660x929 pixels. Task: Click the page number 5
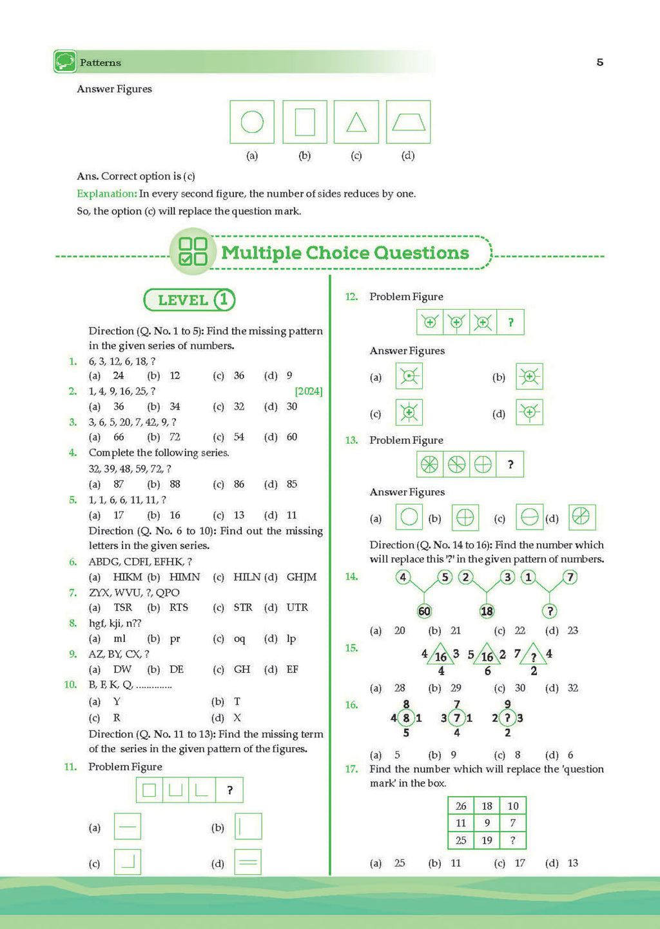point(600,63)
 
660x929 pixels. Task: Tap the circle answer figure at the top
point(252,122)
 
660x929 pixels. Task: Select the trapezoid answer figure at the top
point(408,122)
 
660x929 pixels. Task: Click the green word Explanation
point(106,194)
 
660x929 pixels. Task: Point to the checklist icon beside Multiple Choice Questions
point(193,252)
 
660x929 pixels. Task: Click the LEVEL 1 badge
point(189,300)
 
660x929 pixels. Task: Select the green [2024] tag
point(309,392)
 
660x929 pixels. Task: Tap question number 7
point(73,592)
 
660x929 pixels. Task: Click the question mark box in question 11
point(230,790)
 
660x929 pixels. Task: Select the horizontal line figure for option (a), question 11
point(128,826)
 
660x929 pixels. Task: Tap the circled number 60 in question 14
point(424,611)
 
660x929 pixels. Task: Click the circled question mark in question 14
point(550,611)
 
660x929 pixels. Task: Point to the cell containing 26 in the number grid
point(461,806)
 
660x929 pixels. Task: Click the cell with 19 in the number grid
point(487,840)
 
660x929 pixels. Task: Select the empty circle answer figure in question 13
point(409,517)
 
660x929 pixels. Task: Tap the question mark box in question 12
point(510,322)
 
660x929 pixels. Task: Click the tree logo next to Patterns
point(65,62)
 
